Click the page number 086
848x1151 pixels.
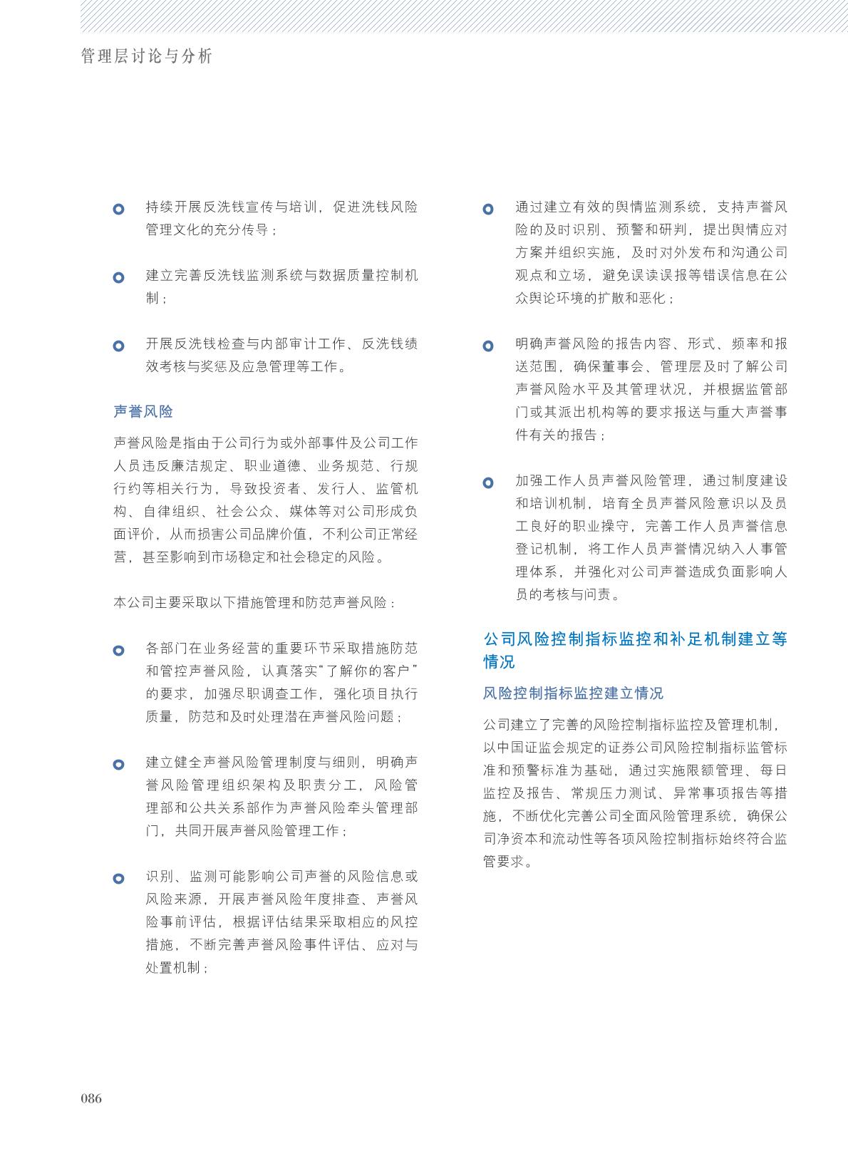[x=91, y=1098]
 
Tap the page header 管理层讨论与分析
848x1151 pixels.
[x=147, y=56]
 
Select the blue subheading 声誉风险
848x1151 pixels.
[x=143, y=411]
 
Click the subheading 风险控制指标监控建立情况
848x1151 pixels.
[x=573, y=693]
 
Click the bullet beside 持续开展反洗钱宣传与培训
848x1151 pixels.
[x=119, y=210]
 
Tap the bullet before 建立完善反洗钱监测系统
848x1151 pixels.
[x=119, y=277]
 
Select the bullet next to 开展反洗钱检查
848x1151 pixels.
[x=119, y=346]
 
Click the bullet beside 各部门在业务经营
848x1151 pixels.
[x=119, y=650]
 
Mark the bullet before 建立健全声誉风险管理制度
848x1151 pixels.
[x=119, y=765]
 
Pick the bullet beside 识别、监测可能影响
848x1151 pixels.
[x=119, y=879]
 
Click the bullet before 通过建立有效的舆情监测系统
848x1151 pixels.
[x=488, y=210]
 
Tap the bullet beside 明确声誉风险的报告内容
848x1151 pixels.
[x=488, y=346]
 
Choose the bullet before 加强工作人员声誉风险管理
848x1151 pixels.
[x=488, y=482]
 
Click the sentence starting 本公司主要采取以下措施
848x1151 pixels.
[x=254, y=602]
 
